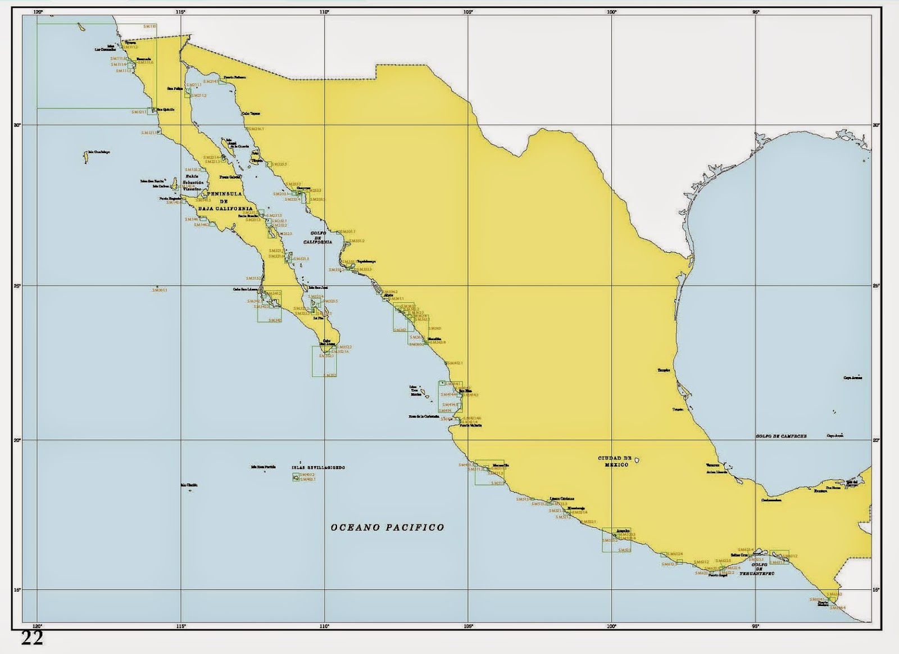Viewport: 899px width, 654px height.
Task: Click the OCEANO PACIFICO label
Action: [387, 527]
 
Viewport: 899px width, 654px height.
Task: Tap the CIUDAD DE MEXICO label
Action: [615, 461]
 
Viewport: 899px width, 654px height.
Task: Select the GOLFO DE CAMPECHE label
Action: [781, 436]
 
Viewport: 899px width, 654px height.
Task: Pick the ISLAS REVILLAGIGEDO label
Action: [318, 467]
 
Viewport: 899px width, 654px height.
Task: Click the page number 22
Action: [32, 638]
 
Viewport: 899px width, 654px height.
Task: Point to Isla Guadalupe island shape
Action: [85, 156]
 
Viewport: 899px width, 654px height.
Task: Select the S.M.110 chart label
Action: [149, 26]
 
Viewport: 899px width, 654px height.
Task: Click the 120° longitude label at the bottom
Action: [38, 626]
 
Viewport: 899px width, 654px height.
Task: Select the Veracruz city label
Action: [712, 465]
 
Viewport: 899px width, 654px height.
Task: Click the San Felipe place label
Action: [175, 88]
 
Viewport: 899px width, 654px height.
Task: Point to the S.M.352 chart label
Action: [330, 375]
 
